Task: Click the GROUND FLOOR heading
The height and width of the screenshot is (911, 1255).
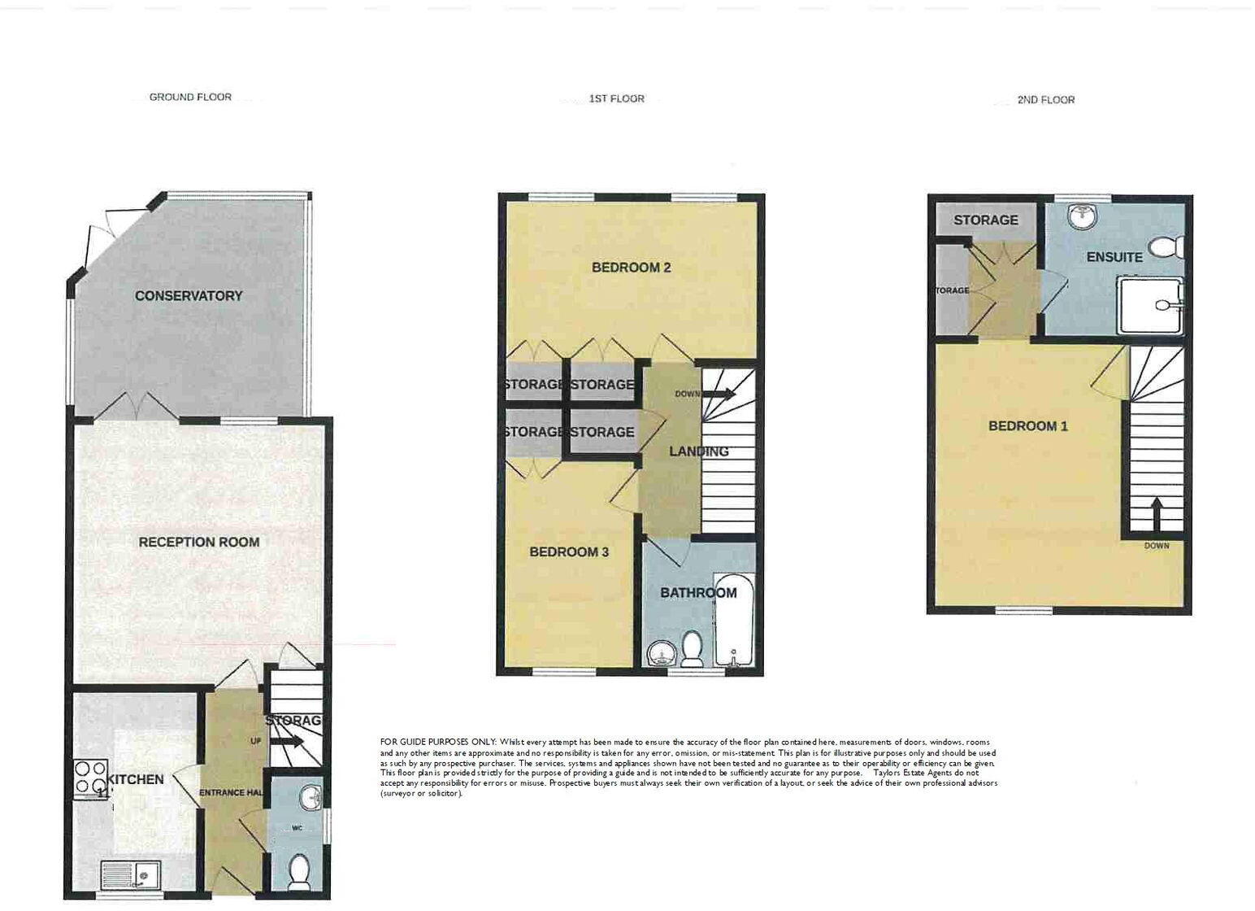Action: point(190,97)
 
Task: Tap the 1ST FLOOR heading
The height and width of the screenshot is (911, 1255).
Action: point(616,98)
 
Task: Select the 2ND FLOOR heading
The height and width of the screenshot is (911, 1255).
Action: point(1045,100)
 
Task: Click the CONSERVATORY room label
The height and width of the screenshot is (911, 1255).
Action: point(189,296)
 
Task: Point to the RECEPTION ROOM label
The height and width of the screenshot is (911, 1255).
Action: point(199,542)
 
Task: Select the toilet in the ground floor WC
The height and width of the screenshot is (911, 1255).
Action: point(299,870)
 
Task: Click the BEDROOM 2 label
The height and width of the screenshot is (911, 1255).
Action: point(631,268)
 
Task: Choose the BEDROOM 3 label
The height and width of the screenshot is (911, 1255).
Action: point(569,552)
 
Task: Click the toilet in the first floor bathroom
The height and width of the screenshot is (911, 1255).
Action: point(693,648)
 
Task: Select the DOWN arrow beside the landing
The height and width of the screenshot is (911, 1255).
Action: point(719,394)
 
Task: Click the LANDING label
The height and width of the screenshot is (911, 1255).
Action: point(698,451)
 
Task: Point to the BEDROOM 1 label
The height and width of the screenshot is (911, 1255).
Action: point(1027,426)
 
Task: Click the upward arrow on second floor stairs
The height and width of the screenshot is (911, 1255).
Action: point(1155,512)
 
